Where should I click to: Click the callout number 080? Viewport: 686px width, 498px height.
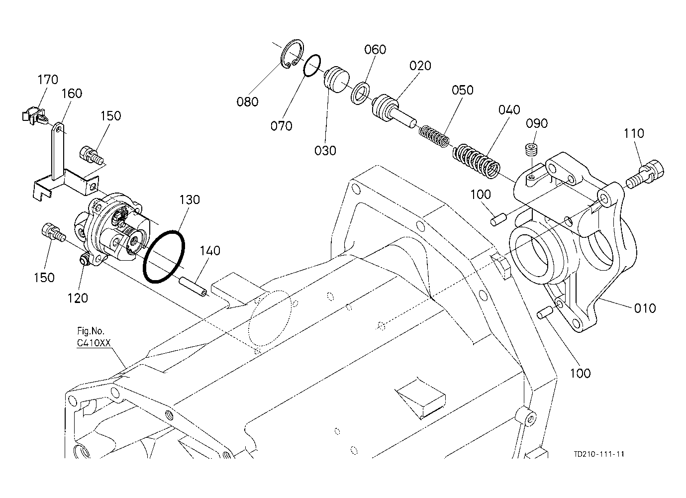[247, 101]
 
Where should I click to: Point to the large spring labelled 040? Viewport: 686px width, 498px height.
[476, 161]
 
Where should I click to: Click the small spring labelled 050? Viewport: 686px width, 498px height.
[434, 136]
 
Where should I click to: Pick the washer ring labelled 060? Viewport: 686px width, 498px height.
[360, 93]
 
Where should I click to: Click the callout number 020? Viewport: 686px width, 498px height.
[420, 66]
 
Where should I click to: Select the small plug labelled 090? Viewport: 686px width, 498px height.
[531, 149]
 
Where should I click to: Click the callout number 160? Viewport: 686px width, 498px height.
[72, 94]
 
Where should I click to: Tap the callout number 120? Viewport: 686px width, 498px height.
[78, 298]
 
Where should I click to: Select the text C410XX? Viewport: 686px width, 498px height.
[94, 343]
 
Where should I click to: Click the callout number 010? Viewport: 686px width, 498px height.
[645, 308]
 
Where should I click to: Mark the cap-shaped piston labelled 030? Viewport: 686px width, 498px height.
[336, 79]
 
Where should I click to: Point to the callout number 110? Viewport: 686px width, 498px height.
[634, 133]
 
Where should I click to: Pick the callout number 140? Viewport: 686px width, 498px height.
[210, 251]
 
